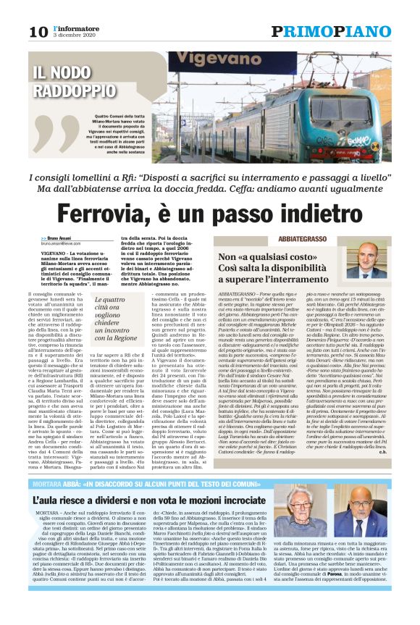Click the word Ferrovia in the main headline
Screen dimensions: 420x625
115,214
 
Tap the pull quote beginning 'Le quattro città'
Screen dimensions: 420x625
115,319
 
